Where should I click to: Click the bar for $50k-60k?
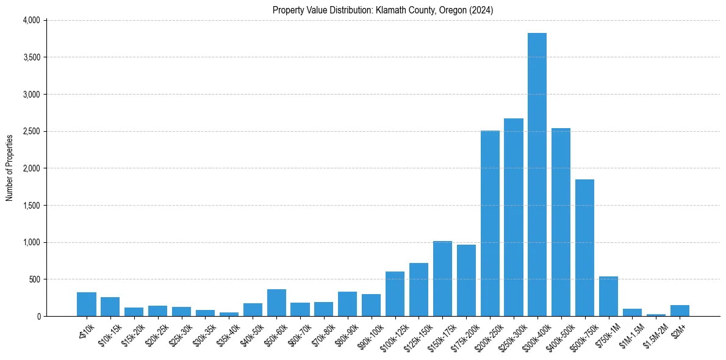point(276,303)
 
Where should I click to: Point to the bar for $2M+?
point(680,311)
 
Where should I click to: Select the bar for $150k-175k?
point(442,279)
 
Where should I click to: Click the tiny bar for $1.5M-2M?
point(656,315)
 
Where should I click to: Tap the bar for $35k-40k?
point(229,314)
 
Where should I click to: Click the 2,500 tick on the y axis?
point(31,131)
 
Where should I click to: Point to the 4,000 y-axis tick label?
point(31,20)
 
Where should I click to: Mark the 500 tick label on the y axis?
point(34,279)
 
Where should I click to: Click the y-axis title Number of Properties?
point(9,168)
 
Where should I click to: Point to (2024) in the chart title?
point(482,10)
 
